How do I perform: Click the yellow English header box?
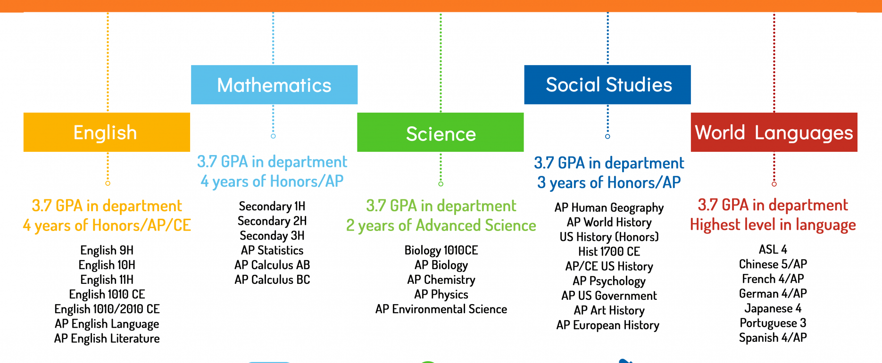tap(107, 132)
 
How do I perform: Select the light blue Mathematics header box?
tap(274, 85)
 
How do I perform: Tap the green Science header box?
tap(441, 132)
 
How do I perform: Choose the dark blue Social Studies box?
tap(607, 85)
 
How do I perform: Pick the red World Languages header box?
tap(774, 132)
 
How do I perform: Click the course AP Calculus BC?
tap(272, 280)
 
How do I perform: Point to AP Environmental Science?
tap(441, 309)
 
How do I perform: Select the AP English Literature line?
tap(107, 339)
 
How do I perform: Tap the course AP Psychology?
tap(609, 281)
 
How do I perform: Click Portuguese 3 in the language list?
tap(773, 323)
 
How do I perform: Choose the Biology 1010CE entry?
tap(441, 250)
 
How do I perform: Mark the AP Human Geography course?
tap(609, 208)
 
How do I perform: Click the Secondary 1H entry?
tap(272, 206)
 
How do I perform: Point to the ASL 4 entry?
tap(773, 249)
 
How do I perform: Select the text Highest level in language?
tap(773, 225)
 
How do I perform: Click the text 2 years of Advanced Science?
tap(441, 226)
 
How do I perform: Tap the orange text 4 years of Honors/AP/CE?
tap(107, 226)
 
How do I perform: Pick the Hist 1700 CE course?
tap(609, 252)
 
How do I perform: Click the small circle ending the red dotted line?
tap(774, 184)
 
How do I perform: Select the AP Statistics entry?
tap(272, 250)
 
